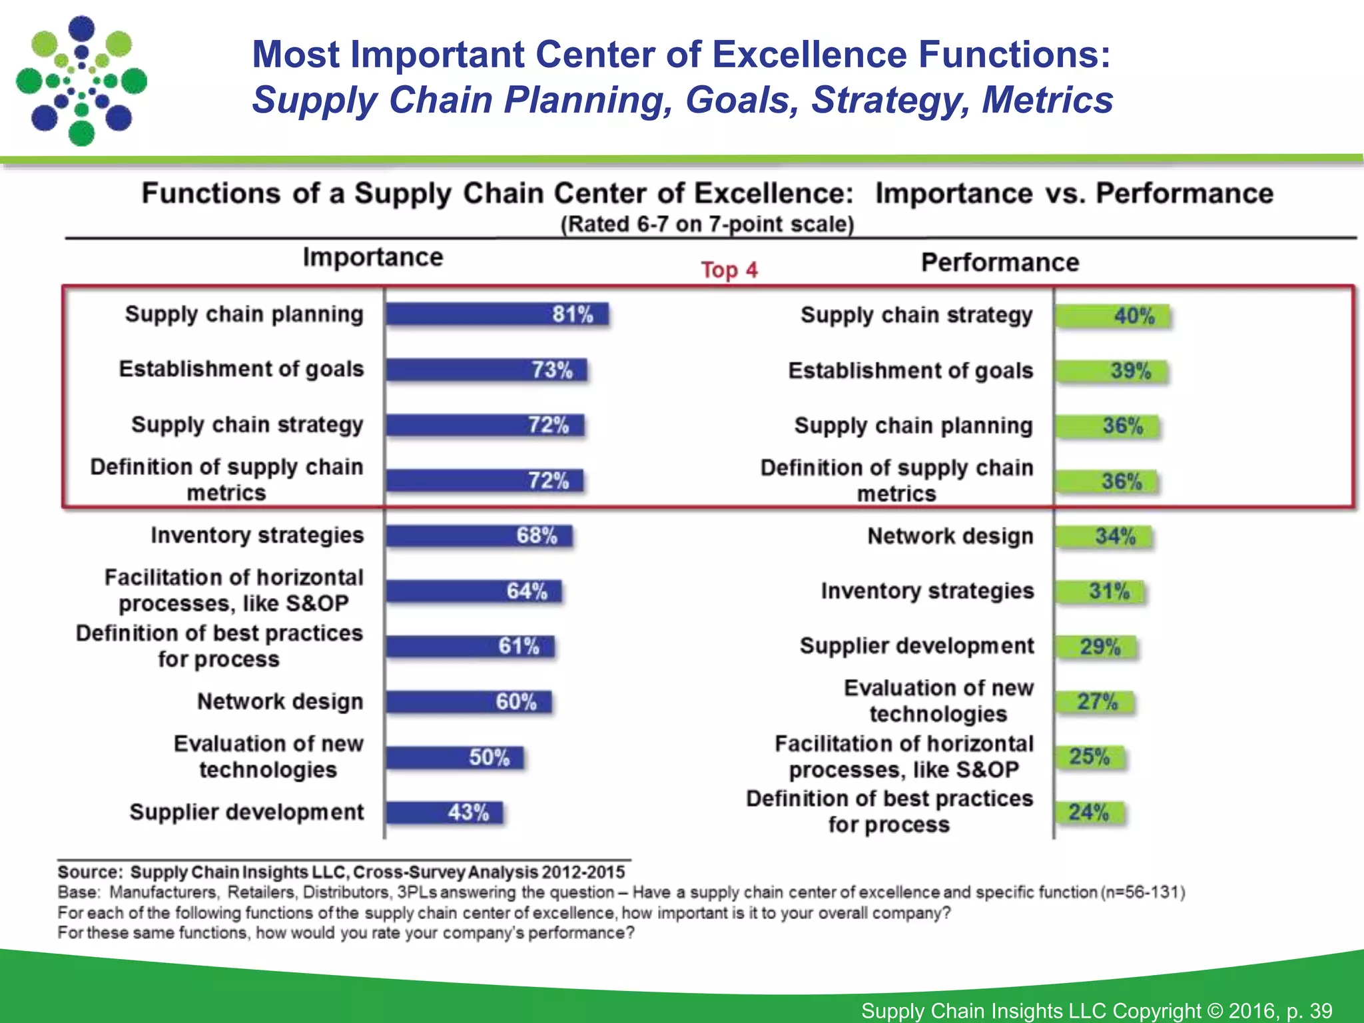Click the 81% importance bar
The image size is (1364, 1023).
pyautogui.click(x=496, y=314)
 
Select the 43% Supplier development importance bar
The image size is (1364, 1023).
pyautogui.click(x=444, y=813)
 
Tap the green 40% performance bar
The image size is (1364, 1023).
pyautogui.click(x=1112, y=316)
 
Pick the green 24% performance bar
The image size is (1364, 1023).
pyautogui.click(x=1089, y=813)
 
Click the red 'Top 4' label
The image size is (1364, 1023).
pyautogui.click(x=729, y=270)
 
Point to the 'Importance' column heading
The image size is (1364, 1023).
pyautogui.click(x=373, y=257)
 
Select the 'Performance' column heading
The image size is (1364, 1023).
pyautogui.click(x=1000, y=262)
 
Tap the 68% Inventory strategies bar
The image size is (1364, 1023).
pyautogui.click(x=478, y=535)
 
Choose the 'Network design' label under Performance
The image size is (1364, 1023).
pyautogui.click(x=950, y=536)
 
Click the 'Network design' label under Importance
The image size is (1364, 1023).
pyautogui.click(x=280, y=701)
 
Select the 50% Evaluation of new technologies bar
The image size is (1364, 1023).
pyautogui.click(x=454, y=757)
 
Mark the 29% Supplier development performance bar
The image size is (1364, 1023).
pyautogui.click(x=1096, y=647)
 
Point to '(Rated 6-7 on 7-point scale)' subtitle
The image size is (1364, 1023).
pyautogui.click(x=707, y=224)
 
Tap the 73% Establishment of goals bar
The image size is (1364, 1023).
pyautogui.click(x=486, y=370)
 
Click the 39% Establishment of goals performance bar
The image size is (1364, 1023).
pyautogui.click(x=1111, y=371)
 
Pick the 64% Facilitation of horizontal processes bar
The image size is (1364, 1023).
pyautogui.click(x=474, y=591)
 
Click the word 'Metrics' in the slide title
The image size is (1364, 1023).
pyautogui.click(x=1047, y=100)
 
